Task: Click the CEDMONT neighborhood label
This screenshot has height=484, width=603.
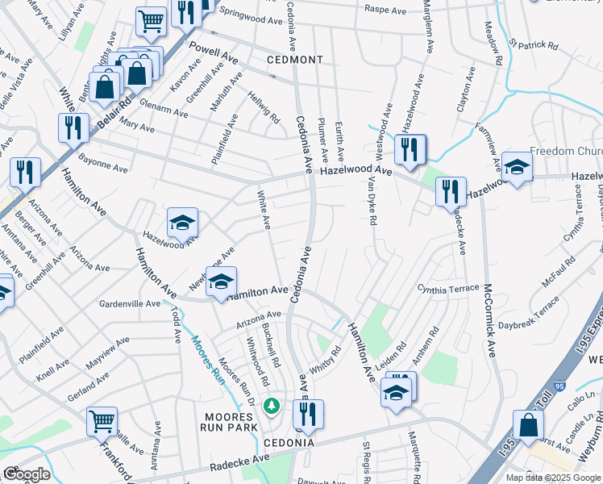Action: pos(296,60)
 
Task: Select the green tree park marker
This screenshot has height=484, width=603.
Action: pos(272,403)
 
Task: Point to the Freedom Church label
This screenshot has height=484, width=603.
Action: pos(563,152)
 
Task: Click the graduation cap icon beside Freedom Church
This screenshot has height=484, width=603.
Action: pos(517,167)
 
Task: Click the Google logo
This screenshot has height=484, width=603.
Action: pos(27,474)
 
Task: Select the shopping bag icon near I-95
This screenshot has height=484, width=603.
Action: pos(527,424)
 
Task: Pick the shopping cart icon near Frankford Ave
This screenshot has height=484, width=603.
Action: pos(102,420)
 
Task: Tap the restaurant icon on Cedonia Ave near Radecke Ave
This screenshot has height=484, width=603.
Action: pos(307,414)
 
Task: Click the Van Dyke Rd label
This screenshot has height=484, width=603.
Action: pos(372,202)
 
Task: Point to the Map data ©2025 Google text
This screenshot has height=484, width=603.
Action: pos(553,478)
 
